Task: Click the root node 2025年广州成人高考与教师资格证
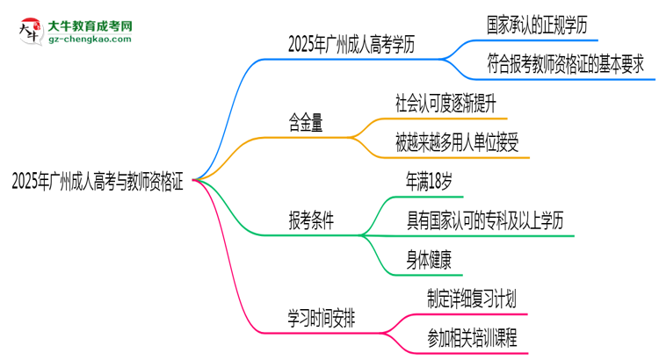98,182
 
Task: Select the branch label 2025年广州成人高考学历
351,44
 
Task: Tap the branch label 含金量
306,123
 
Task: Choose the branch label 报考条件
311,220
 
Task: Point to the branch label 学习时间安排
322,318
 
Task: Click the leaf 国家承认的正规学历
537,25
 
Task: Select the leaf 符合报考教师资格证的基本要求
565,64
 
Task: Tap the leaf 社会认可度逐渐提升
445,104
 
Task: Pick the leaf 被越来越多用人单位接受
457,142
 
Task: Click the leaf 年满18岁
429,182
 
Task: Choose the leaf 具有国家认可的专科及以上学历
484,220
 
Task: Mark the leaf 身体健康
429,260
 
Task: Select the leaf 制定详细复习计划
472,299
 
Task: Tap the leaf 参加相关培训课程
472,338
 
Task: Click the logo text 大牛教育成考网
91,26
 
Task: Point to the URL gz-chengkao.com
90,39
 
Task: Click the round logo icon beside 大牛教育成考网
31,31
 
